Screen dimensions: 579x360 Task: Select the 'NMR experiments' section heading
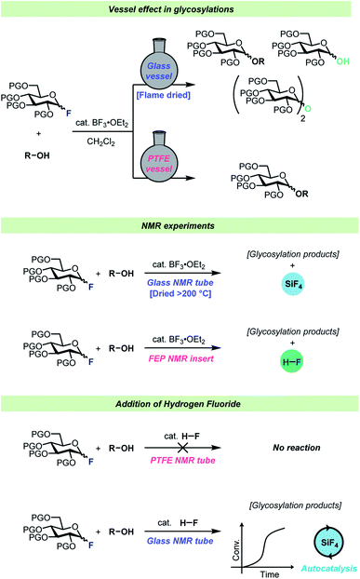pyautogui.click(x=180, y=226)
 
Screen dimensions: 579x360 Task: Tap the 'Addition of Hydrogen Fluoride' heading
pyautogui.click(x=180, y=402)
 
